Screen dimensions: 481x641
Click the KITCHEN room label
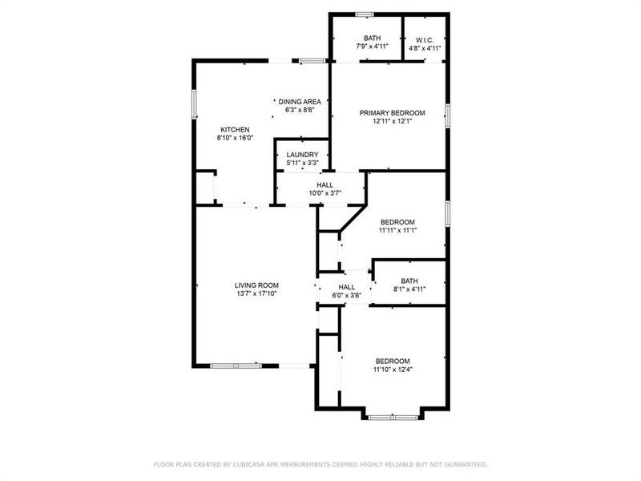(x=235, y=129)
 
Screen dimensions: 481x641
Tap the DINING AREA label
(x=300, y=101)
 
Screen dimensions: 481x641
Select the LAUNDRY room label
(x=302, y=155)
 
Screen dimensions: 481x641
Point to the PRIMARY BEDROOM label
(x=392, y=113)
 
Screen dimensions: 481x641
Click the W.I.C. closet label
(x=425, y=38)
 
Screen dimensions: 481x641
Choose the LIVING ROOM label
(x=256, y=285)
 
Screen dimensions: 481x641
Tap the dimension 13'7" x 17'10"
(x=256, y=294)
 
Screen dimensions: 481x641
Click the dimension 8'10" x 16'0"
(x=235, y=138)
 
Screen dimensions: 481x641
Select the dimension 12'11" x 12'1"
(x=392, y=122)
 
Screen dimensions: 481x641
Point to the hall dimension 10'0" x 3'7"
(x=302, y=193)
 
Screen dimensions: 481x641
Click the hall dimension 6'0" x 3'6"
(x=346, y=295)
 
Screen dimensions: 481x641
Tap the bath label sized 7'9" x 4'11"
(x=372, y=46)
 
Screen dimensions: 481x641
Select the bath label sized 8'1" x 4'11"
(x=409, y=289)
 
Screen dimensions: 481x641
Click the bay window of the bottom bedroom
(x=393, y=416)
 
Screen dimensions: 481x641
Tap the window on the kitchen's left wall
(x=194, y=104)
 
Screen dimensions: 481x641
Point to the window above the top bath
(x=365, y=14)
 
